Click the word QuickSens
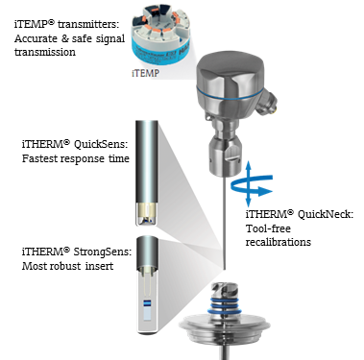point(101,145)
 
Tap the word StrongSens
point(103,252)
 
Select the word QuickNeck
point(326,214)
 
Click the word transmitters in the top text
point(88,25)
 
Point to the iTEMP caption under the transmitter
point(145,73)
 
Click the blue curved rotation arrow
point(252,185)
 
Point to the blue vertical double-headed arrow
point(249,183)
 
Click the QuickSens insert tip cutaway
point(147,213)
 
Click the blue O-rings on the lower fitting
point(224,305)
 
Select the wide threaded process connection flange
point(224,329)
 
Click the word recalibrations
point(279,242)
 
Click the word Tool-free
point(268,228)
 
